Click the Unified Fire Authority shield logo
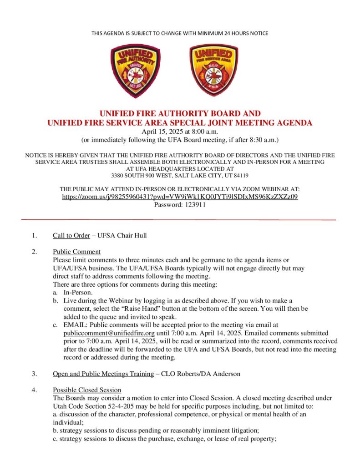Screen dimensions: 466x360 (136, 71)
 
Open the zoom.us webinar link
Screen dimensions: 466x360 (180, 197)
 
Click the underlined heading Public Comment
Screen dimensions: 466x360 (76, 252)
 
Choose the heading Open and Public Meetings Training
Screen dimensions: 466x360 (103, 374)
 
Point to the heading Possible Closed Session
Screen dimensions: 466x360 (87, 390)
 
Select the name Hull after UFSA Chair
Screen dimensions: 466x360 (140, 235)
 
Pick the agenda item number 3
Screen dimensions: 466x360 (34, 374)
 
